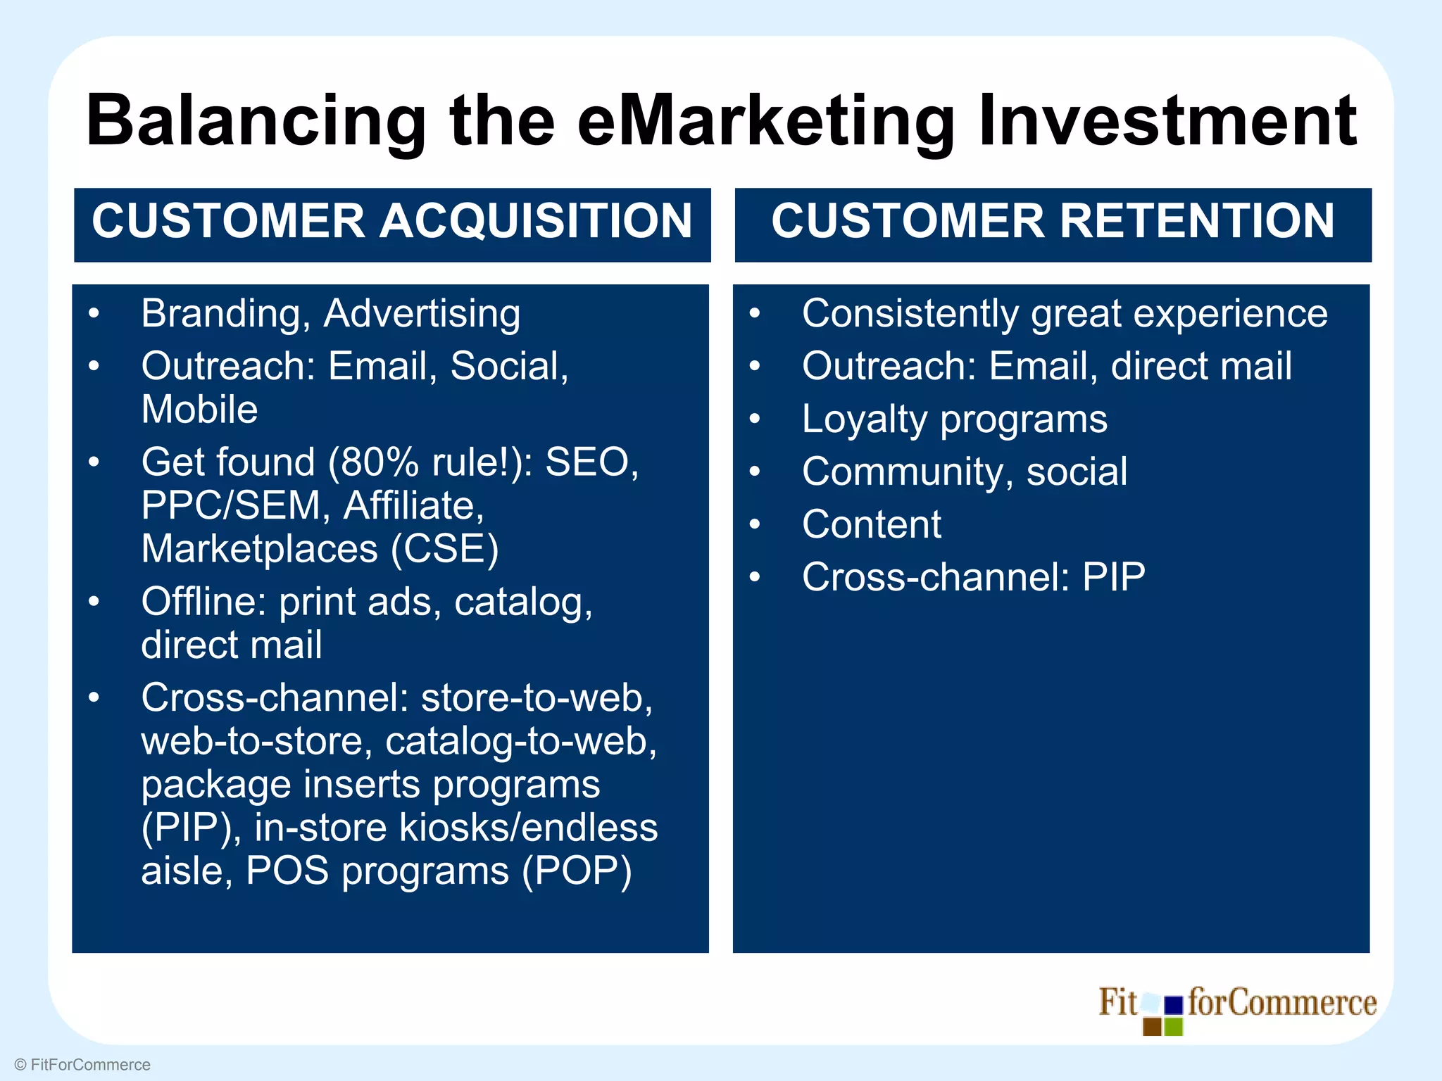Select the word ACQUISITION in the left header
click(537, 221)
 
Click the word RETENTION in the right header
click(1197, 221)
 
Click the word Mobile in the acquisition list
click(199, 410)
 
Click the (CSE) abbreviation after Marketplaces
click(444, 550)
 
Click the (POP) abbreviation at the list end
click(577, 871)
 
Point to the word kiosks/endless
click(528, 828)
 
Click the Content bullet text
click(872, 525)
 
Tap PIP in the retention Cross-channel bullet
click(1113, 578)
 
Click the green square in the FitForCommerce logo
click(1174, 1027)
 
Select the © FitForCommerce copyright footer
click(82, 1065)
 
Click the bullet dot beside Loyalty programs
click(755, 419)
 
